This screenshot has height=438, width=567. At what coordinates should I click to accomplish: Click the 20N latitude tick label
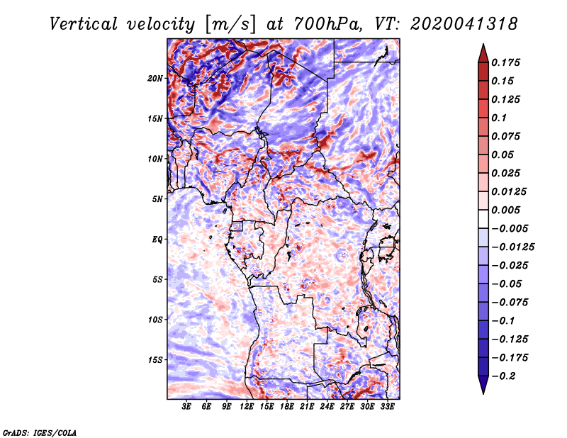(156, 78)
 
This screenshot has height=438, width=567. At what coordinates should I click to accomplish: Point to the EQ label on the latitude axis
(158, 240)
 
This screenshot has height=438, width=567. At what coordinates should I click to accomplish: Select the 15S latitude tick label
(156, 360)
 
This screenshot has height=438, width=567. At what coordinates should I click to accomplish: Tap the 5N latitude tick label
(158, 199)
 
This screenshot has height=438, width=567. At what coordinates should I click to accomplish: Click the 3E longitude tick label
(187, 407)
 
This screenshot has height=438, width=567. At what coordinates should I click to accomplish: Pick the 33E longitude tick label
(388, 407)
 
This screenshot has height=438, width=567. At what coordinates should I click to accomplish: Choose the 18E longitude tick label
(287, 407)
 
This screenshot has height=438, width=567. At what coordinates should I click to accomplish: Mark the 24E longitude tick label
(327, 407)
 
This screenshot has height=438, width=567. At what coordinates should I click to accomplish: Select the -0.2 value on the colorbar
(506, 376)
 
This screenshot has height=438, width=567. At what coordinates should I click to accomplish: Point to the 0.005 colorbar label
(509, 210)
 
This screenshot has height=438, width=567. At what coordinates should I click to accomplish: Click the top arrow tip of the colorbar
(483, 45)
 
